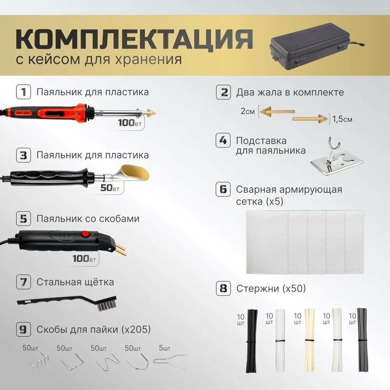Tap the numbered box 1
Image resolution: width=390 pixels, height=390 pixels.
(x=24, y=92)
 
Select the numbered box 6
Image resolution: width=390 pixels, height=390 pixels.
(x=223, y=190)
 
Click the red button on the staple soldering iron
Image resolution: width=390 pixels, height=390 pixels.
(x=85, y=234)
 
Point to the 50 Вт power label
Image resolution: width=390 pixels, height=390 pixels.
(x=110, y=188)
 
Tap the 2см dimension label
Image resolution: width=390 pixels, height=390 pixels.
(x=248, y=111)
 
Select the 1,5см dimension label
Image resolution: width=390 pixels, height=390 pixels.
(x=342, y=119)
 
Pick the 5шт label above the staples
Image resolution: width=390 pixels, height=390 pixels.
(x=165, y=348)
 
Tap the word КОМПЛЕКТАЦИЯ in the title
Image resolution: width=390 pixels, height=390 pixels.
(x=135, y=39)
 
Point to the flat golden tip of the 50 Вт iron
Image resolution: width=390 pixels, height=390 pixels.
(x=135, y=172)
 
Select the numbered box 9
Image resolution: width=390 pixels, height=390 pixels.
(x=24, y=329)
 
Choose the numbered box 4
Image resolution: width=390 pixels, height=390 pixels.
(x=223, y=140)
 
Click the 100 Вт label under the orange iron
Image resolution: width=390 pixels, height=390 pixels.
(x=129, y=123)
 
